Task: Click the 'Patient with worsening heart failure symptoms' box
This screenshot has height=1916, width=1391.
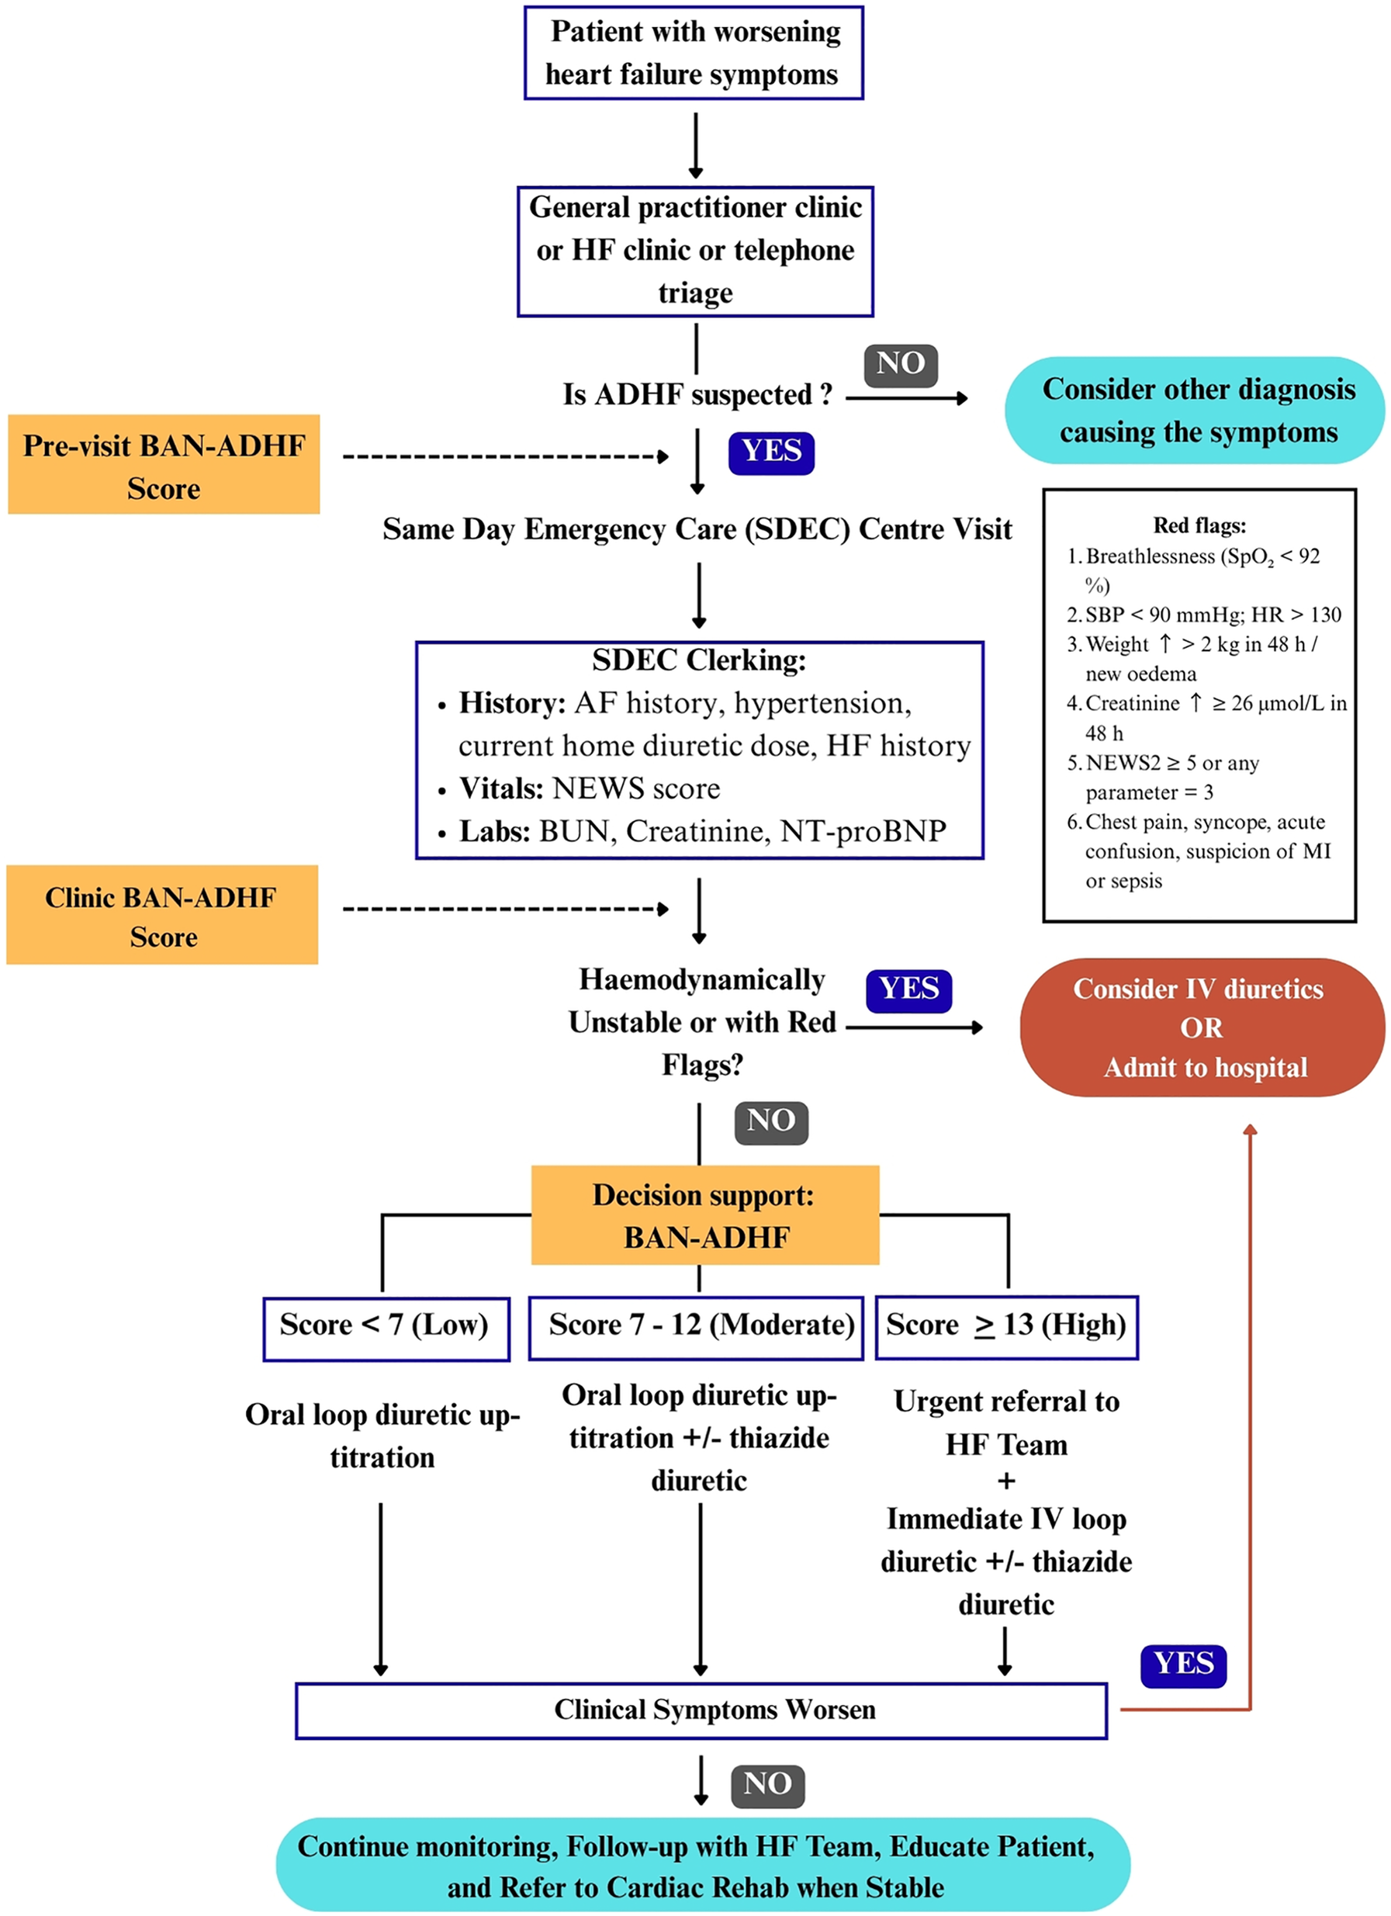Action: click(693, 52)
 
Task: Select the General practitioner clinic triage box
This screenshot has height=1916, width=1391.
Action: click(694, 251)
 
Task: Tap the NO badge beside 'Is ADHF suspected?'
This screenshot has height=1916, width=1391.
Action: click(900, 364)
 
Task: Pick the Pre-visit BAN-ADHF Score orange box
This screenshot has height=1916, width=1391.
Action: click(164, 465)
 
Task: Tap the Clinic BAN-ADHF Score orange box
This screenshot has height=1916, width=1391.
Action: click(162, 915)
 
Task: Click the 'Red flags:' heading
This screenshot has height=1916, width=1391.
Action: click(1199, 525)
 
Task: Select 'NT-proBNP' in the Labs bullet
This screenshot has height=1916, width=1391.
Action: click(863, 831)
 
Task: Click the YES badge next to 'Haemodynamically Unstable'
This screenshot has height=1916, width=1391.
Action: click(908, 989)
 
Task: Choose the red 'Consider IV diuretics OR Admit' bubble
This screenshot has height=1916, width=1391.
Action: click(1200, 1027)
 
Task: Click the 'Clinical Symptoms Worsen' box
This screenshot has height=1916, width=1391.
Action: click(701, 1710)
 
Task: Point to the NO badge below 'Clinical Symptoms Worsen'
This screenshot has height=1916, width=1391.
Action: click(766, 1784)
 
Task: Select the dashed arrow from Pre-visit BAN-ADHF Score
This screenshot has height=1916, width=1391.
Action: click(505, 457)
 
